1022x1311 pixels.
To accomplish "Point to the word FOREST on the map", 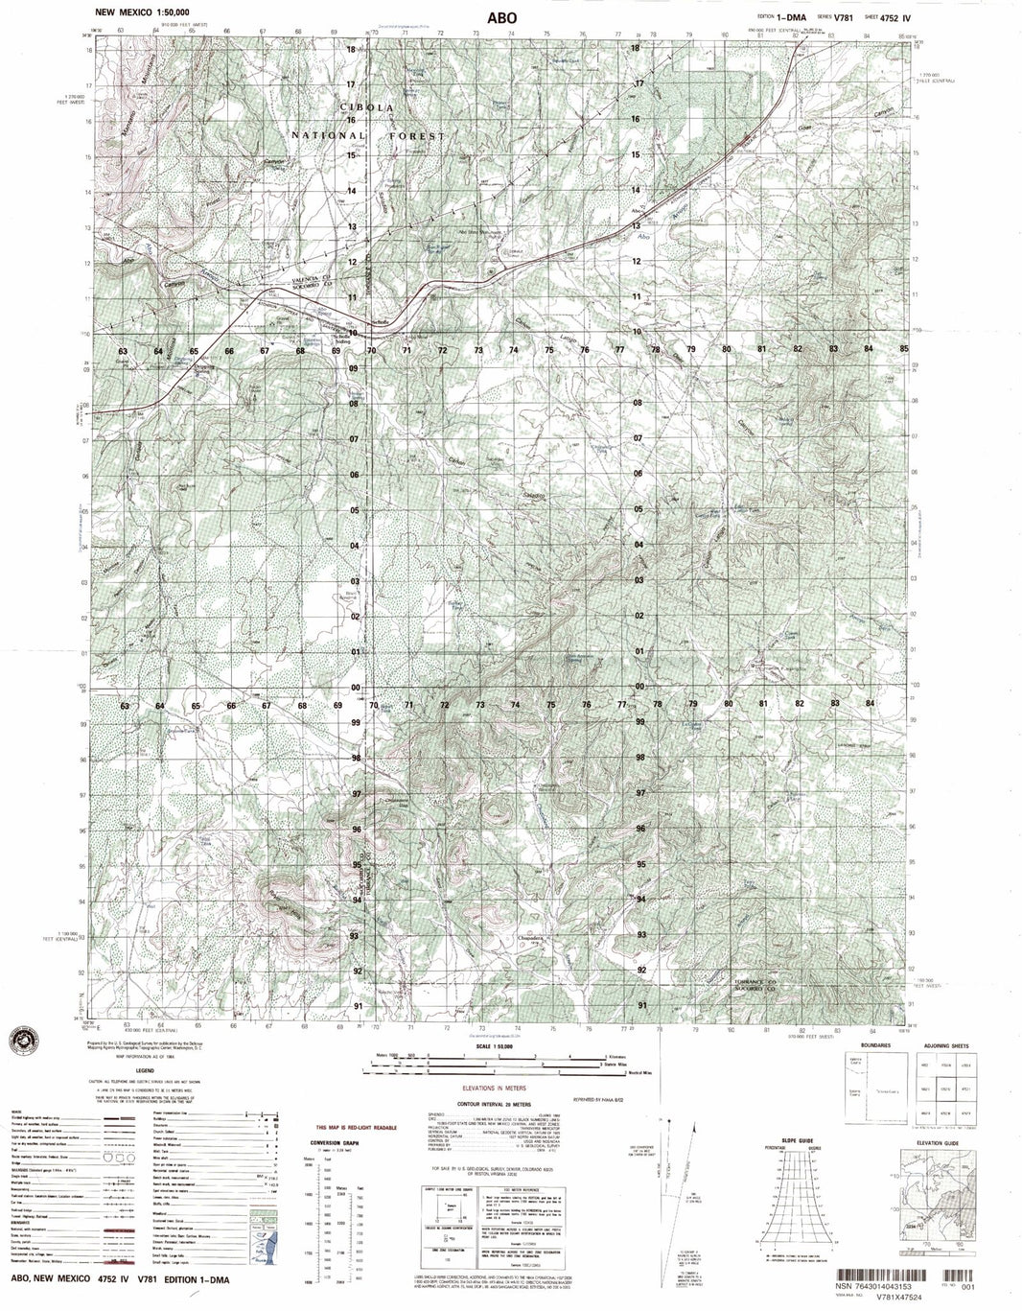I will coord(417,137).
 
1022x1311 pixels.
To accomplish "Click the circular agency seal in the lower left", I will coord(22,1041).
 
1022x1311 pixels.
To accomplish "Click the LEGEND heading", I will coord(146,1070).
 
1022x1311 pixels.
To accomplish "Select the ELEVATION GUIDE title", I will coord(934,1140).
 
